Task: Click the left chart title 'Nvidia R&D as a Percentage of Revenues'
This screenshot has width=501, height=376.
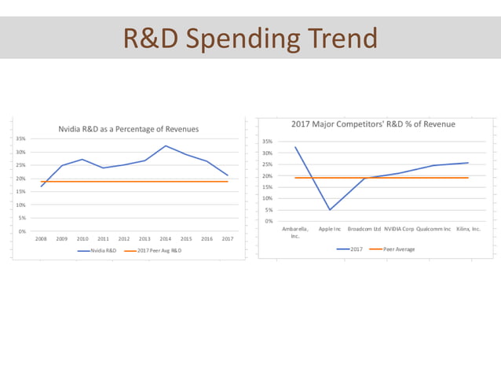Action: pyautogui.click(x=129, y=128)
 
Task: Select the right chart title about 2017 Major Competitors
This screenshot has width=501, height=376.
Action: pyautogui.click(x=373, y=123)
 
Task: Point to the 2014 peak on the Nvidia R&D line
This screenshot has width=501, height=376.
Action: pyautogui.click(x=166, y=146)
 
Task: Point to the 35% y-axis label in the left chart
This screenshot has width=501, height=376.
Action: pyautogui.click(x=23, y=138)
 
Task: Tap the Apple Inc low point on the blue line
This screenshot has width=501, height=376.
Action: pyautogui.click(x=330, y=209)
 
